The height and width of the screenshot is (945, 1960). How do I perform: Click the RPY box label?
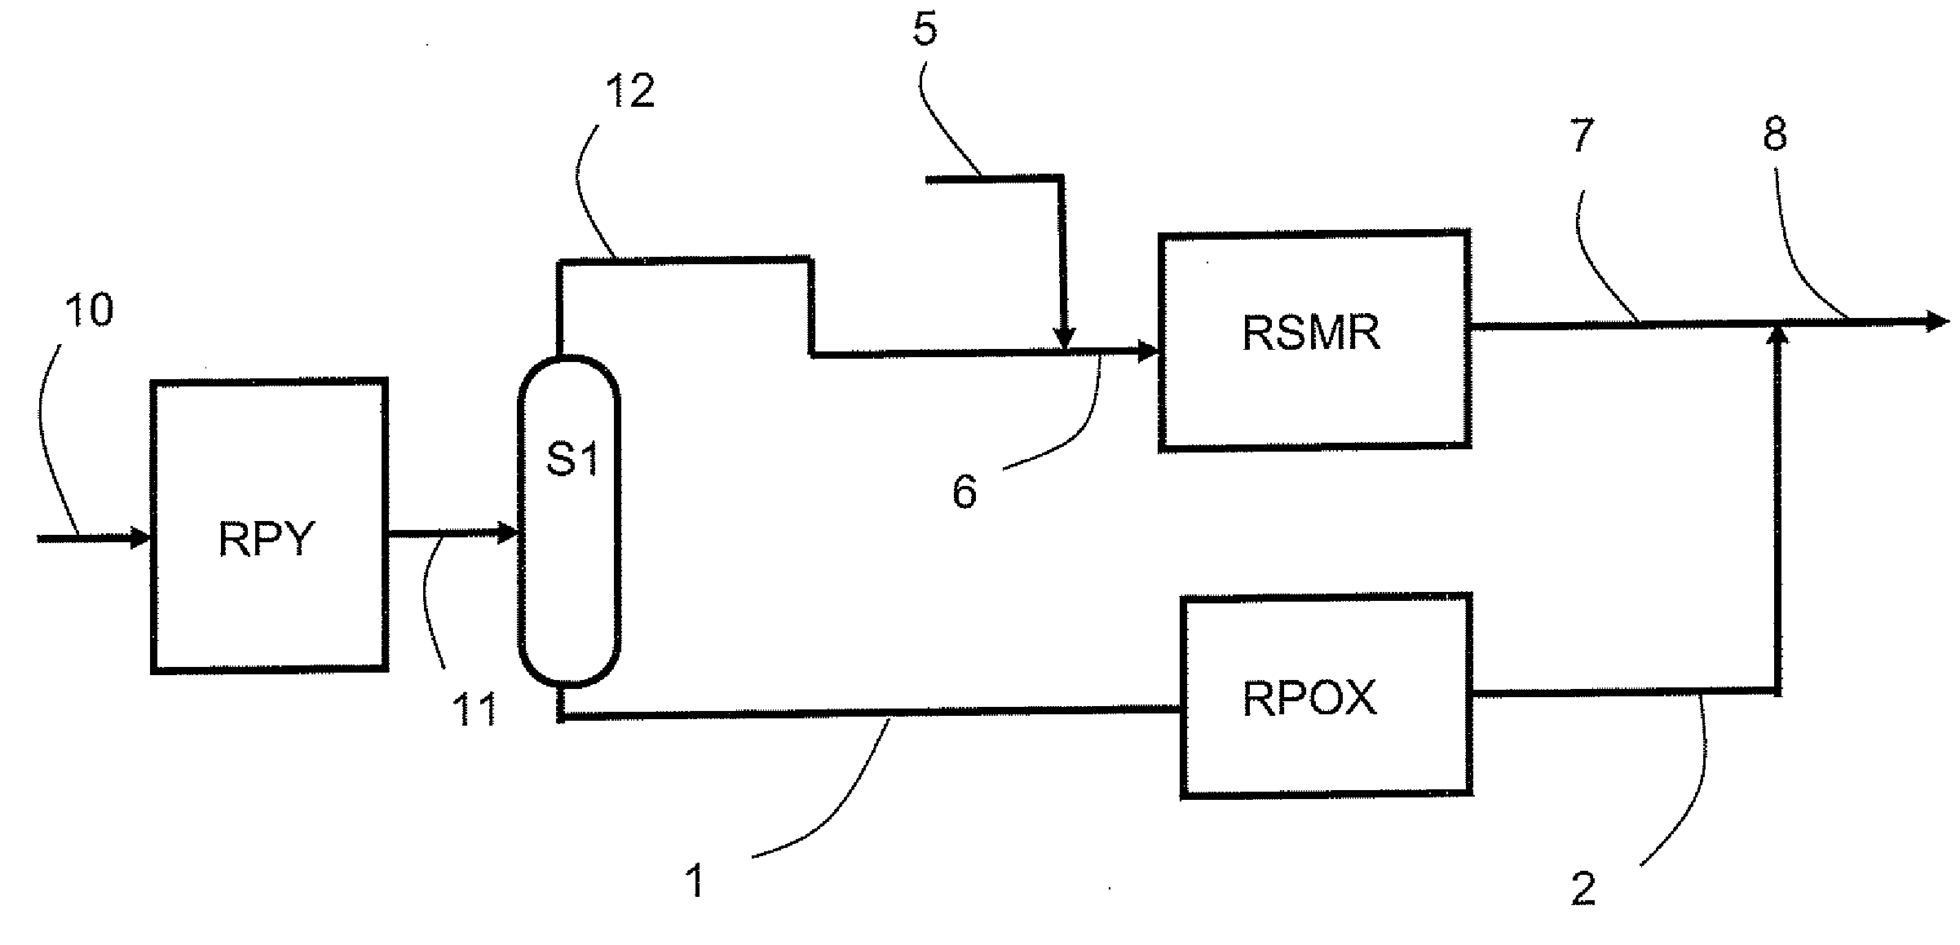266,539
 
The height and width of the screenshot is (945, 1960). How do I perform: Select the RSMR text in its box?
1311,333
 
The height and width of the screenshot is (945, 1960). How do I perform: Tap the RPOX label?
1309,698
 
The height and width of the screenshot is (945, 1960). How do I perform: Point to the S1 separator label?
572,459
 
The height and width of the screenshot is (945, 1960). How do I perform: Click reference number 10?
89,311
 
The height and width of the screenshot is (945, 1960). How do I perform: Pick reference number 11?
475,710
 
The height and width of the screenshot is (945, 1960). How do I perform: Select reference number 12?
630,91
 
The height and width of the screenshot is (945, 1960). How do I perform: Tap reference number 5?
925,30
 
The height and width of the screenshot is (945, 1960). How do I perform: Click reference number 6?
965,492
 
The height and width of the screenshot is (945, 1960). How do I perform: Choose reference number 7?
1582,135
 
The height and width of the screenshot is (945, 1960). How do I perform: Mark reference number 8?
1775,133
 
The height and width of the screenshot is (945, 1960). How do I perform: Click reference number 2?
1583,889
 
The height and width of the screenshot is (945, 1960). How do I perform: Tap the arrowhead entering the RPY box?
142,538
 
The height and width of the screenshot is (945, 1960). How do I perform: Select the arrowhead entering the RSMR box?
1148,352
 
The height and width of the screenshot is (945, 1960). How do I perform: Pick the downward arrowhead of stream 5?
1064,338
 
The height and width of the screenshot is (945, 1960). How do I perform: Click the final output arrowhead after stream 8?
1937,322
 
